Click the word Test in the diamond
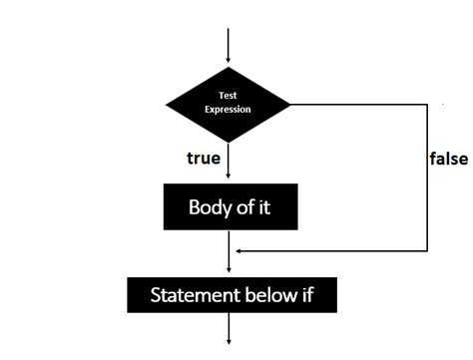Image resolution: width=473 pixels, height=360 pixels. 229,96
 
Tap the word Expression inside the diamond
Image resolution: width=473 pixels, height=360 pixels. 229,109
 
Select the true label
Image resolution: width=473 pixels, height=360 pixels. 204,159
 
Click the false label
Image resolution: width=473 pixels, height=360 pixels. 448,159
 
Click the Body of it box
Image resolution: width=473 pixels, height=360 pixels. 230,207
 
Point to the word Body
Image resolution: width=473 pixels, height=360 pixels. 208,207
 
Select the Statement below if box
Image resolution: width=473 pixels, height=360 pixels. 230,295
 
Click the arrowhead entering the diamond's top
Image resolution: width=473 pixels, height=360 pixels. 229,62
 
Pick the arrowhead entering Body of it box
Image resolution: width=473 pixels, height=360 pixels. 229,180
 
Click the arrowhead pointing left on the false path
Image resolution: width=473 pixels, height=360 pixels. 239,250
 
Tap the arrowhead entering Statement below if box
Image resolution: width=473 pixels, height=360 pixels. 229,268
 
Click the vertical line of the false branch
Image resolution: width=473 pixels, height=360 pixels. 427,180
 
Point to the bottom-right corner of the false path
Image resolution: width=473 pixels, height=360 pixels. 427,250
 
